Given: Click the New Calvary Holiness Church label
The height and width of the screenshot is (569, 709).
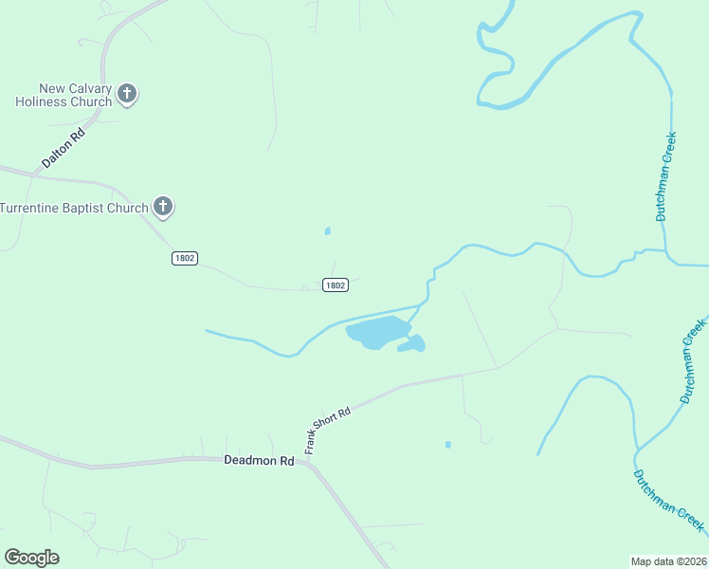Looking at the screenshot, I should coord(64,95).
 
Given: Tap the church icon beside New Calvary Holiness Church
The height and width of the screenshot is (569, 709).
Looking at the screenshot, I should coord(127,94).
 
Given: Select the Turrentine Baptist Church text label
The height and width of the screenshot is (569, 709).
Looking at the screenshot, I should coord(74,208).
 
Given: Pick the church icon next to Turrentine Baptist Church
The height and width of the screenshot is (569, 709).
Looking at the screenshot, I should coord(163,207).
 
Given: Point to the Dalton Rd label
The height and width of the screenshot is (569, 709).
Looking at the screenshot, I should coord(64,150).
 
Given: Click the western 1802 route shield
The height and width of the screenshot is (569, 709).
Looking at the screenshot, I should coord(185,258).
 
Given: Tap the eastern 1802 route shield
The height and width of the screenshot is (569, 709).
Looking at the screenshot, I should coord(335,284).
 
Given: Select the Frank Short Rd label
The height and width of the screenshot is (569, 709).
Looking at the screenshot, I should coord(328,430).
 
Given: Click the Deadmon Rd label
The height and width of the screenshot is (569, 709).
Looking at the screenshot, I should coord(259,461).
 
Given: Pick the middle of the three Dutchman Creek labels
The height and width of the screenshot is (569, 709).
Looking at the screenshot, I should coord(693,362).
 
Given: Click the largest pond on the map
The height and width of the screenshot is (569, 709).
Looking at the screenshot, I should coord(377,332).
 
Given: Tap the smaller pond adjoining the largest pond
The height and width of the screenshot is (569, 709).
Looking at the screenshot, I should coord(413,344).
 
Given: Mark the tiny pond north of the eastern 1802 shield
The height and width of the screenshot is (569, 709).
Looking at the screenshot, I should coord(328,230).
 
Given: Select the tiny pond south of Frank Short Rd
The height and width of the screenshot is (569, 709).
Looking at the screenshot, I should coord(447,444).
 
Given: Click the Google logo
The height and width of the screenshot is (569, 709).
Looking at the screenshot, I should coord(31,558).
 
